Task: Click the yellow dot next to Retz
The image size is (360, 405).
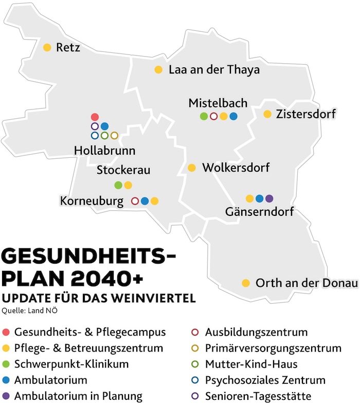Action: coord(47,48)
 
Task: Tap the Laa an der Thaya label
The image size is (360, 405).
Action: coord(214,70)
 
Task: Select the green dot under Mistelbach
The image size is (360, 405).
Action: coord(204,116)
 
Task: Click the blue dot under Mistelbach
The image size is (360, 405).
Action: coord(233,116)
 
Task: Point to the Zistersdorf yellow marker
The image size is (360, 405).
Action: coord(267,114)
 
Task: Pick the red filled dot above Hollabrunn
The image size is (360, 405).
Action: coord(95,117)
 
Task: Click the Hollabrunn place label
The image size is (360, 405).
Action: coord(105,151)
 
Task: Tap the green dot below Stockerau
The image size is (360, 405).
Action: coord(118,185)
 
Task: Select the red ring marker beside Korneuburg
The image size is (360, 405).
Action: coord(135,201)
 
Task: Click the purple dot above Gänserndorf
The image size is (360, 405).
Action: coord(269,198)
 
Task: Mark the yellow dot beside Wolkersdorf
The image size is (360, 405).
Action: coord(192,168)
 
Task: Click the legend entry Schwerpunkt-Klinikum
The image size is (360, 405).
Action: coord(71,364)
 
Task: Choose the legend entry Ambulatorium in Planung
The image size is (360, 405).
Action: coord(78,396)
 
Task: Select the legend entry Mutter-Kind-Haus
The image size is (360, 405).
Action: coord(251,364)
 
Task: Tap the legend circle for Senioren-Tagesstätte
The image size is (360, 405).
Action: coord(195,396)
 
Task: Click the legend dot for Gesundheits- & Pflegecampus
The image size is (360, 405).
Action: coord(6,333)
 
